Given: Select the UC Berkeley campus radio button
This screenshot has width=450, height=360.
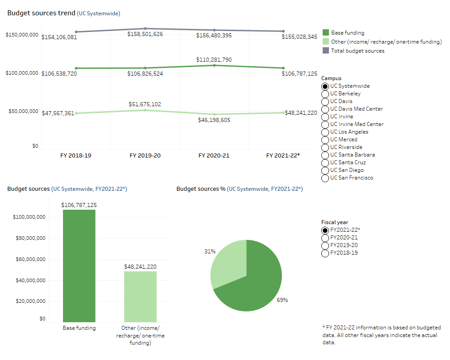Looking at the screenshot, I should click(x=325, y=94).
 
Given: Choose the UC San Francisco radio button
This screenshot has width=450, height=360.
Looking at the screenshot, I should click(x=325, y=178).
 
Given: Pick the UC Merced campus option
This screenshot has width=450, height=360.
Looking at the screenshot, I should click(x=325, y=139).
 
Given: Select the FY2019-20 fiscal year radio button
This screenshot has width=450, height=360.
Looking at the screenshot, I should click(x=325, y=245).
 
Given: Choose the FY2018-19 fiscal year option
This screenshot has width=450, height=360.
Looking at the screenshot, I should click(x=325, y=253).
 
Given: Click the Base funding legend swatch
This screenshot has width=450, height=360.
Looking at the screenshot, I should click(x=326, y=33).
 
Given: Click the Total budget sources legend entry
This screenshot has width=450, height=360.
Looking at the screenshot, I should click(x=357, y=51).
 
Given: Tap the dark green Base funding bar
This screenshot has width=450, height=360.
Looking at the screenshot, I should click(x=79, y=265).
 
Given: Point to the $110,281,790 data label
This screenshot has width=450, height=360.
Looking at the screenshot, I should click(x=214, y=59).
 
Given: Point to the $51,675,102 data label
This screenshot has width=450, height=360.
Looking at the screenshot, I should click(x=145, y=104).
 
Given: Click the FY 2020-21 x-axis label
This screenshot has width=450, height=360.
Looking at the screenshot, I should click(x=214, y=155).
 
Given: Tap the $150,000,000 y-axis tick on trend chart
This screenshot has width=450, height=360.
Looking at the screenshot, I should click(x=22, y=35).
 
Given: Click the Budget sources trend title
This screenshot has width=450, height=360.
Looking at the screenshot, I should click(x=41, y=13).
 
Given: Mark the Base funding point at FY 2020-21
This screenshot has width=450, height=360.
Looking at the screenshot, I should click(x=214, y=65).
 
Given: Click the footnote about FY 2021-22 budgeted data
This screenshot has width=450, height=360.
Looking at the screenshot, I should click(x=382, y=335).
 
